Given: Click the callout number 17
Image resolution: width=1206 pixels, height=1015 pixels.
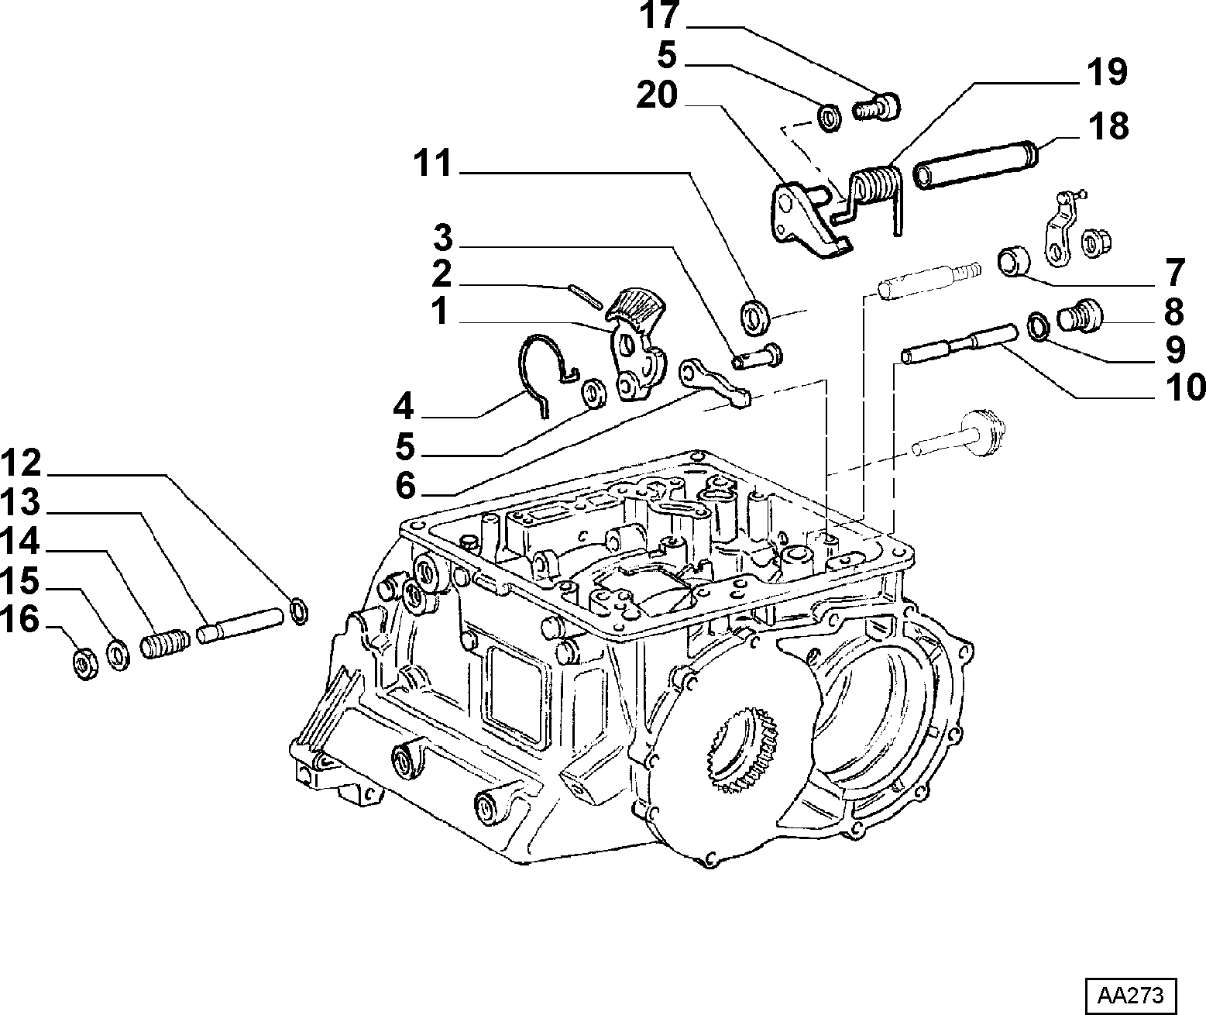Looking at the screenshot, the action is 660,15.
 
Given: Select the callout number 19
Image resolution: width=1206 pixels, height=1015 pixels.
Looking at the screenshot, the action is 1107,72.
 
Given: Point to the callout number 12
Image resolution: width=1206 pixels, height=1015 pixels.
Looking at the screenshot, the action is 21,463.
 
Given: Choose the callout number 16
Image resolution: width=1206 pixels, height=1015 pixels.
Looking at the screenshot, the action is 19,619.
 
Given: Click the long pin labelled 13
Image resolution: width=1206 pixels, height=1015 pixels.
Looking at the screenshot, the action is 239,625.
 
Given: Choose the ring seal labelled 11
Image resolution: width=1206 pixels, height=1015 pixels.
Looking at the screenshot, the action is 754,317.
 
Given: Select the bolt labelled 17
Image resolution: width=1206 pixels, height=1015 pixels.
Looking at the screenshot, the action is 876,108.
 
